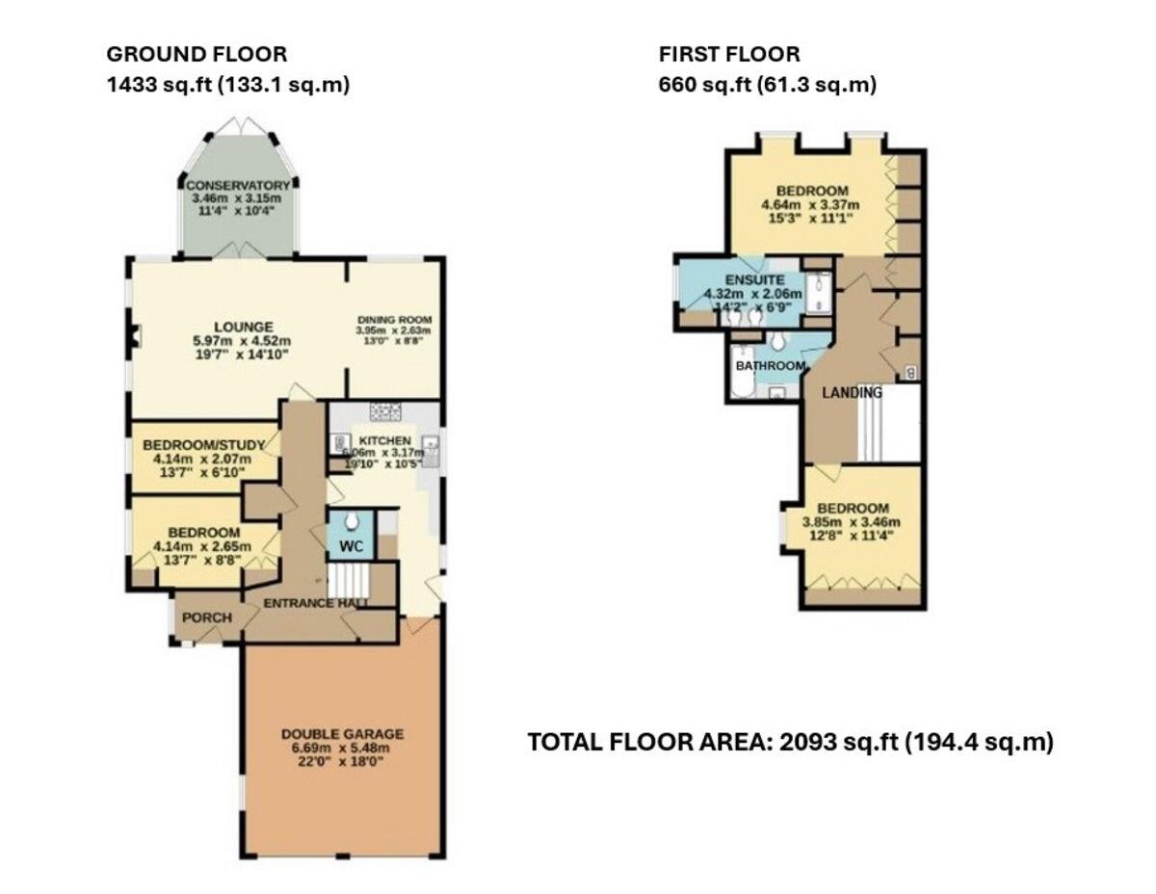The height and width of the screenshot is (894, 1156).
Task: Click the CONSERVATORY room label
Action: [x=237, y=185]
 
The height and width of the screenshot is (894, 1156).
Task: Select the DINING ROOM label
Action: [x=394, y=320]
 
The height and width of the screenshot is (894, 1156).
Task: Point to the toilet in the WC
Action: [x=351, y=521]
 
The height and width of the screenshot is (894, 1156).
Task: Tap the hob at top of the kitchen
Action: [x=385, y=412]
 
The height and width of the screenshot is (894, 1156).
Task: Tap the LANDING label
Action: [x=851, y=393]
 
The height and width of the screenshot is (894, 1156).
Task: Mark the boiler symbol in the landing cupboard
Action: [x=911, y=372]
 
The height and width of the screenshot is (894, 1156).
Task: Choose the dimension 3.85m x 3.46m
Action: [x=853, y=524]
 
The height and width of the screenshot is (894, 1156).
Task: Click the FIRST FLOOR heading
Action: [x=728, y=55]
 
